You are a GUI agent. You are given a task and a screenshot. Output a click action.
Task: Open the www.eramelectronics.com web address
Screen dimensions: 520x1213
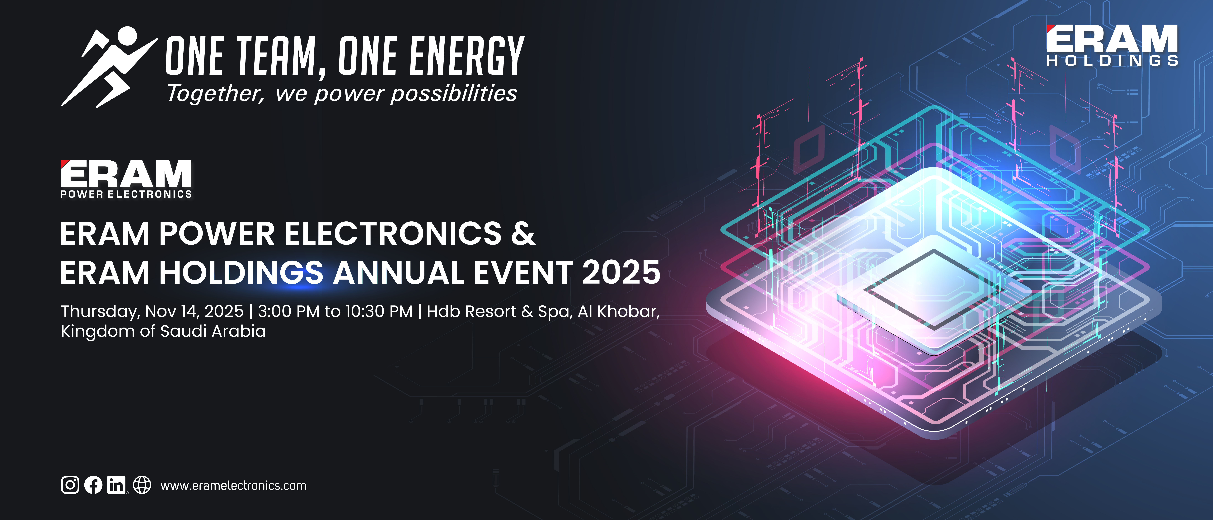click(x=234, y=486)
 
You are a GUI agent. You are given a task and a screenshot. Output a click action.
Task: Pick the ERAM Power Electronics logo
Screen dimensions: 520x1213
click(x=126, y=179)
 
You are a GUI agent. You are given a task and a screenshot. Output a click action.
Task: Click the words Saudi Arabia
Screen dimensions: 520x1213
click(x=213, y=331)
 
